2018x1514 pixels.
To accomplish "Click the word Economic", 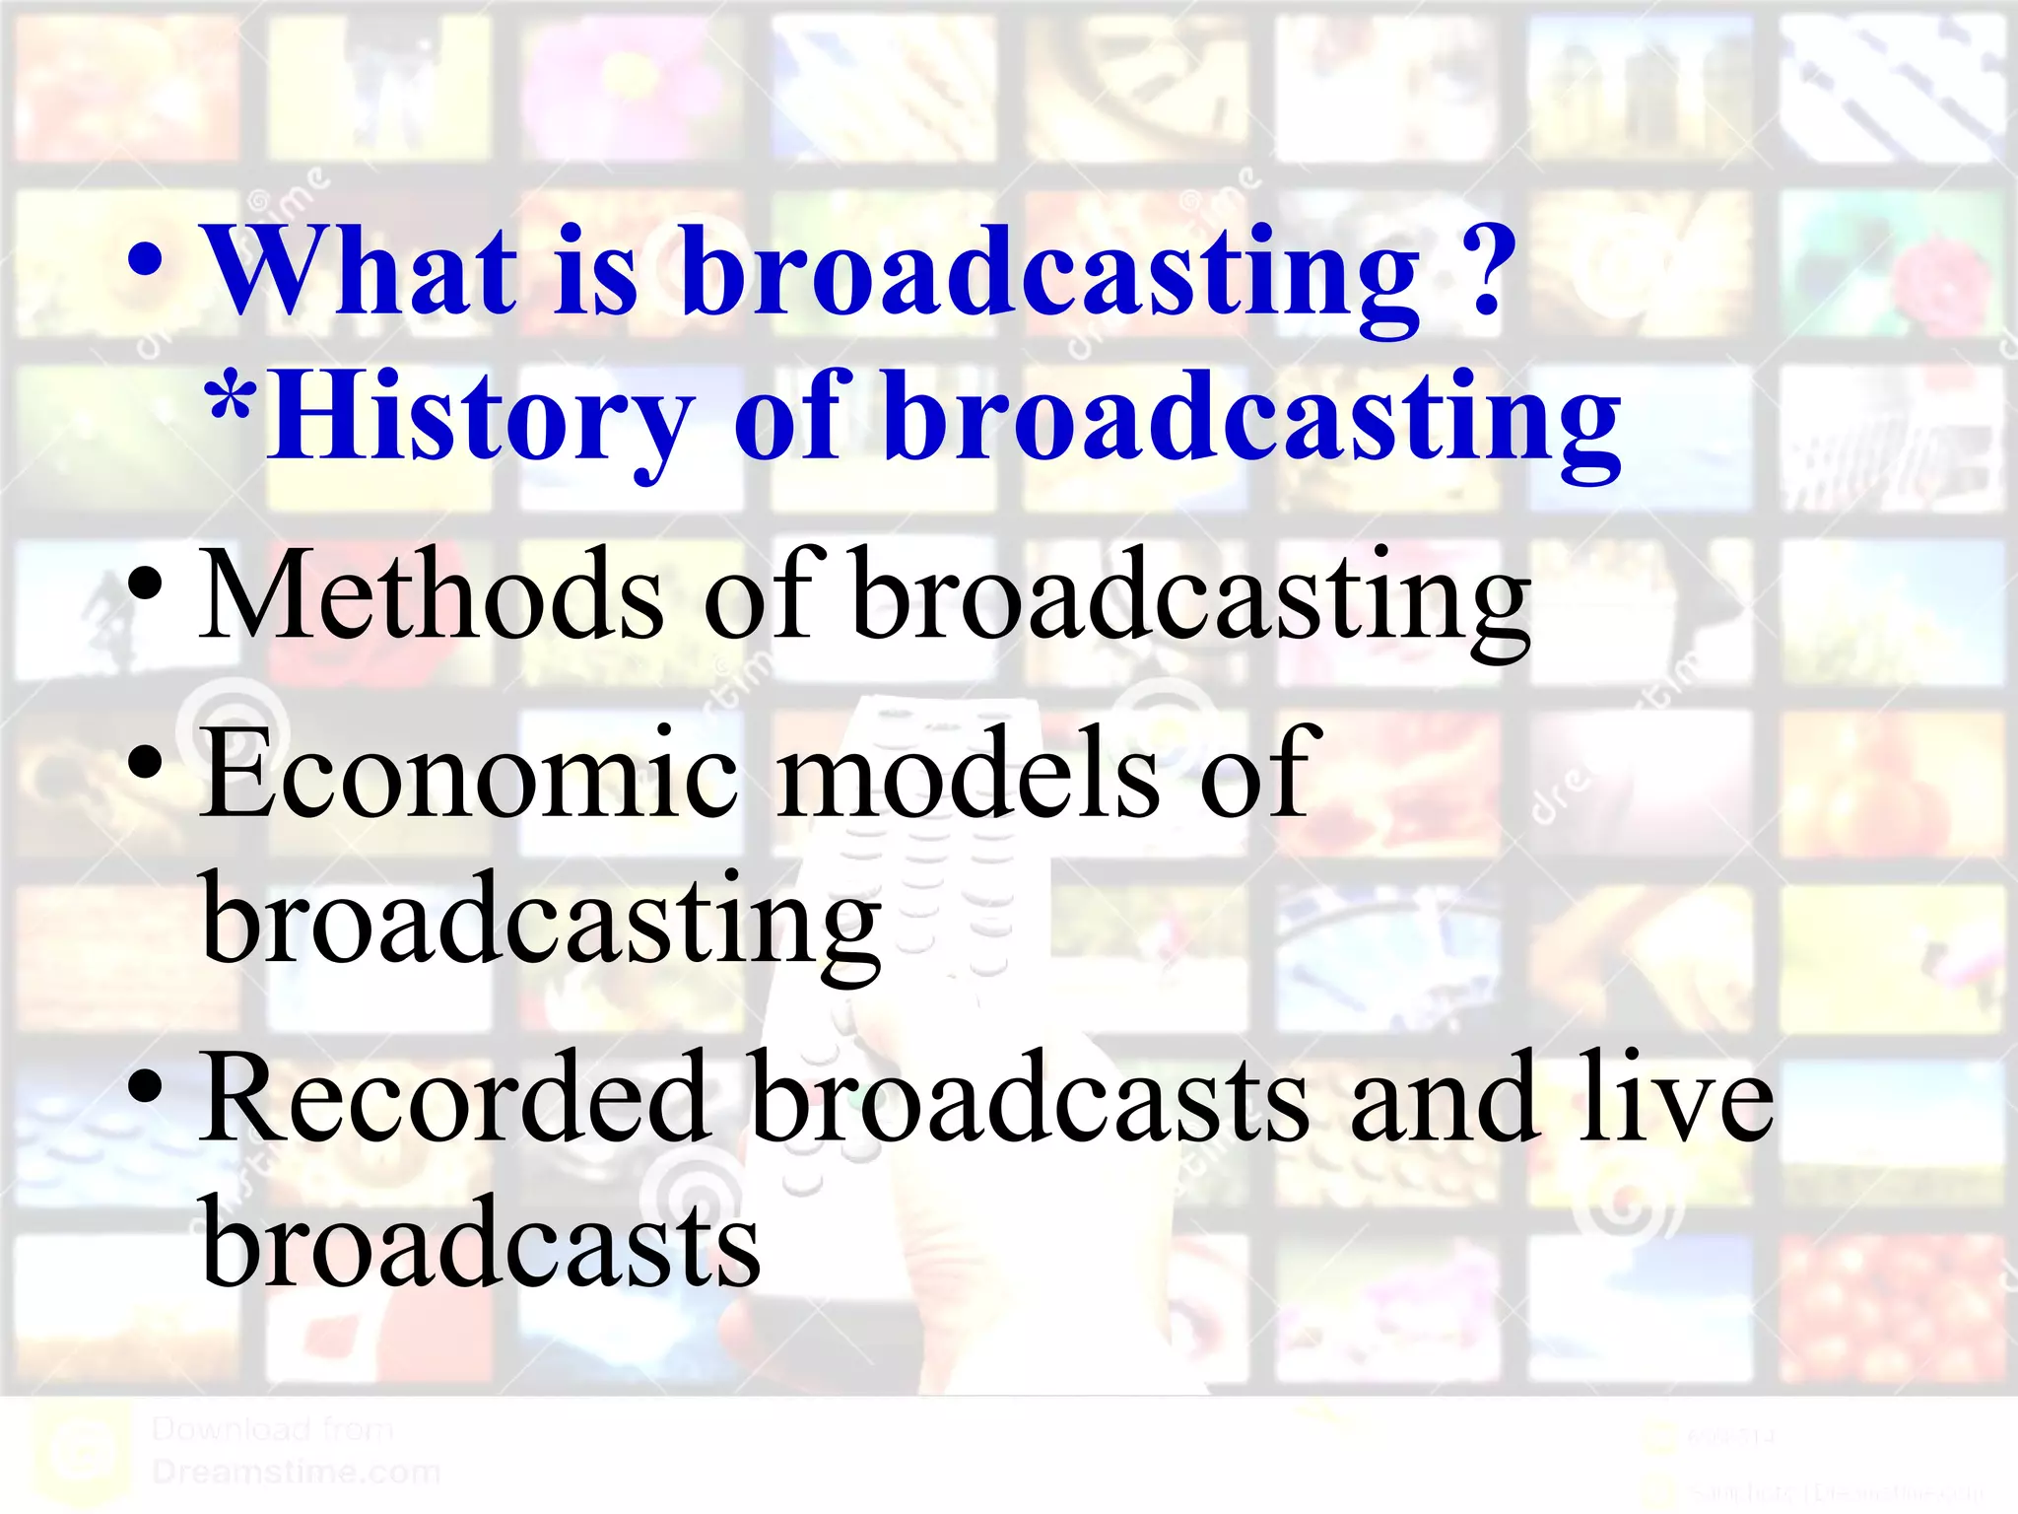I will (469, 773).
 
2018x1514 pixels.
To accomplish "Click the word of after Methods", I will (759, 596).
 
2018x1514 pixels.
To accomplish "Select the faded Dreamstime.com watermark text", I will (296, 1473).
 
